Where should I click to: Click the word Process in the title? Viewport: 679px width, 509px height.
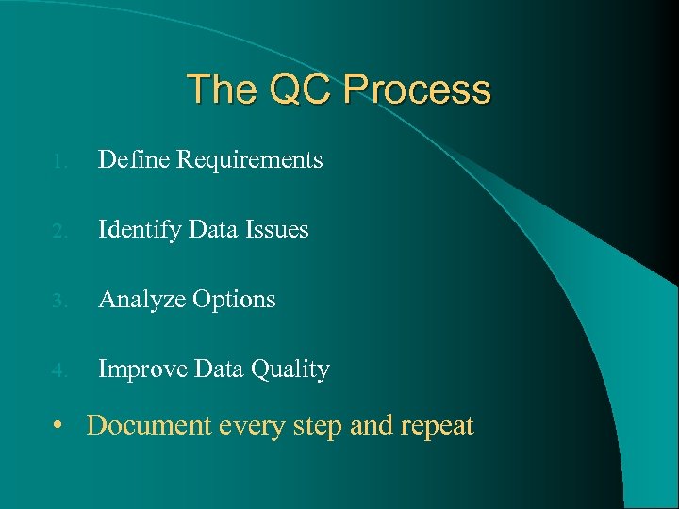tap(417, 90)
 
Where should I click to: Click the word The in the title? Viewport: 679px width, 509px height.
tap(223, 90)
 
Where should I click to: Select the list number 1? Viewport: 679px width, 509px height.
tap(58, 162)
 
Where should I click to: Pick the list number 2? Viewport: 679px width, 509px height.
tap(58, 232)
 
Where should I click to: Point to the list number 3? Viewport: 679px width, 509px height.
tap(58, 302)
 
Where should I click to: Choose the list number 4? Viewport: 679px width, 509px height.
tap(58, 371)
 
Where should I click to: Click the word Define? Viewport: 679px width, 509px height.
tap(130, 160)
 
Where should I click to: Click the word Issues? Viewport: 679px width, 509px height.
tap(278, 230)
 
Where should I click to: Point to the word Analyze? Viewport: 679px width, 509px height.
tap(141, 301)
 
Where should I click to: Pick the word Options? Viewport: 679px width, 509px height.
tap(235, 301)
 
